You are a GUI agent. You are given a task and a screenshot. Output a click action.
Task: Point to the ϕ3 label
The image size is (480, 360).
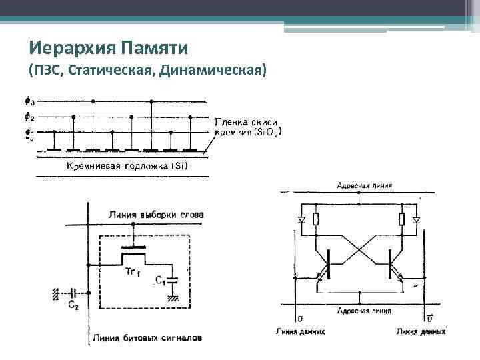(x=29, y=101)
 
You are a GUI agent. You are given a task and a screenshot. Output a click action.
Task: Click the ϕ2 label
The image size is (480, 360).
(x=29, y=117)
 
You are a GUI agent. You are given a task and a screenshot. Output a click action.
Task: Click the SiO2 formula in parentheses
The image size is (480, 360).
(x=268, y=132)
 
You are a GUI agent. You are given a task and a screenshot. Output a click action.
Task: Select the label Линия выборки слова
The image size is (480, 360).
(x=156, y=215)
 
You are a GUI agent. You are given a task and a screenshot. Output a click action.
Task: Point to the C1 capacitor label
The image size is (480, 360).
(x=159, y=281)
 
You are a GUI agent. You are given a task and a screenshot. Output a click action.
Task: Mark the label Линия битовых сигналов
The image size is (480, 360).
(x=148, y=337)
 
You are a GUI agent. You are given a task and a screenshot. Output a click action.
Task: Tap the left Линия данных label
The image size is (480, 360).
(x=300, y=331)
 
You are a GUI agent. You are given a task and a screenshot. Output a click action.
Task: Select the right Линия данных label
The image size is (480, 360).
(x=421, y=331)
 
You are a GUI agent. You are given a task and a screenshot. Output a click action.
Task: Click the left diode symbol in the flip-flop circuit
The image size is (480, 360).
(x=301, y=219)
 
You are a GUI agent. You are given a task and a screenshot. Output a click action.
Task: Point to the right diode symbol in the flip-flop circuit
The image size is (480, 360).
(x=416, y=219)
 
